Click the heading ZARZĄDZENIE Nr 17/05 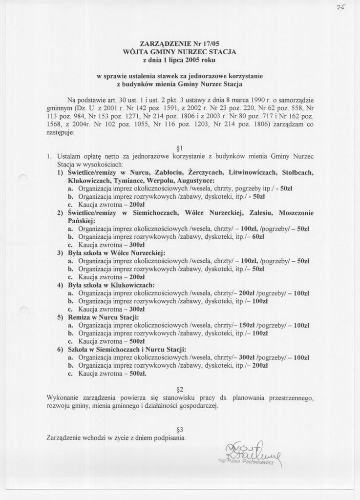tap(180, 43)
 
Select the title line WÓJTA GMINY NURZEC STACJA tap(180, 52)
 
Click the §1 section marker tap(179, 147)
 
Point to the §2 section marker tap(179, 389)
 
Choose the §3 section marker tap(179, 430)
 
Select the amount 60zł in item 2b tap(258, 236)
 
